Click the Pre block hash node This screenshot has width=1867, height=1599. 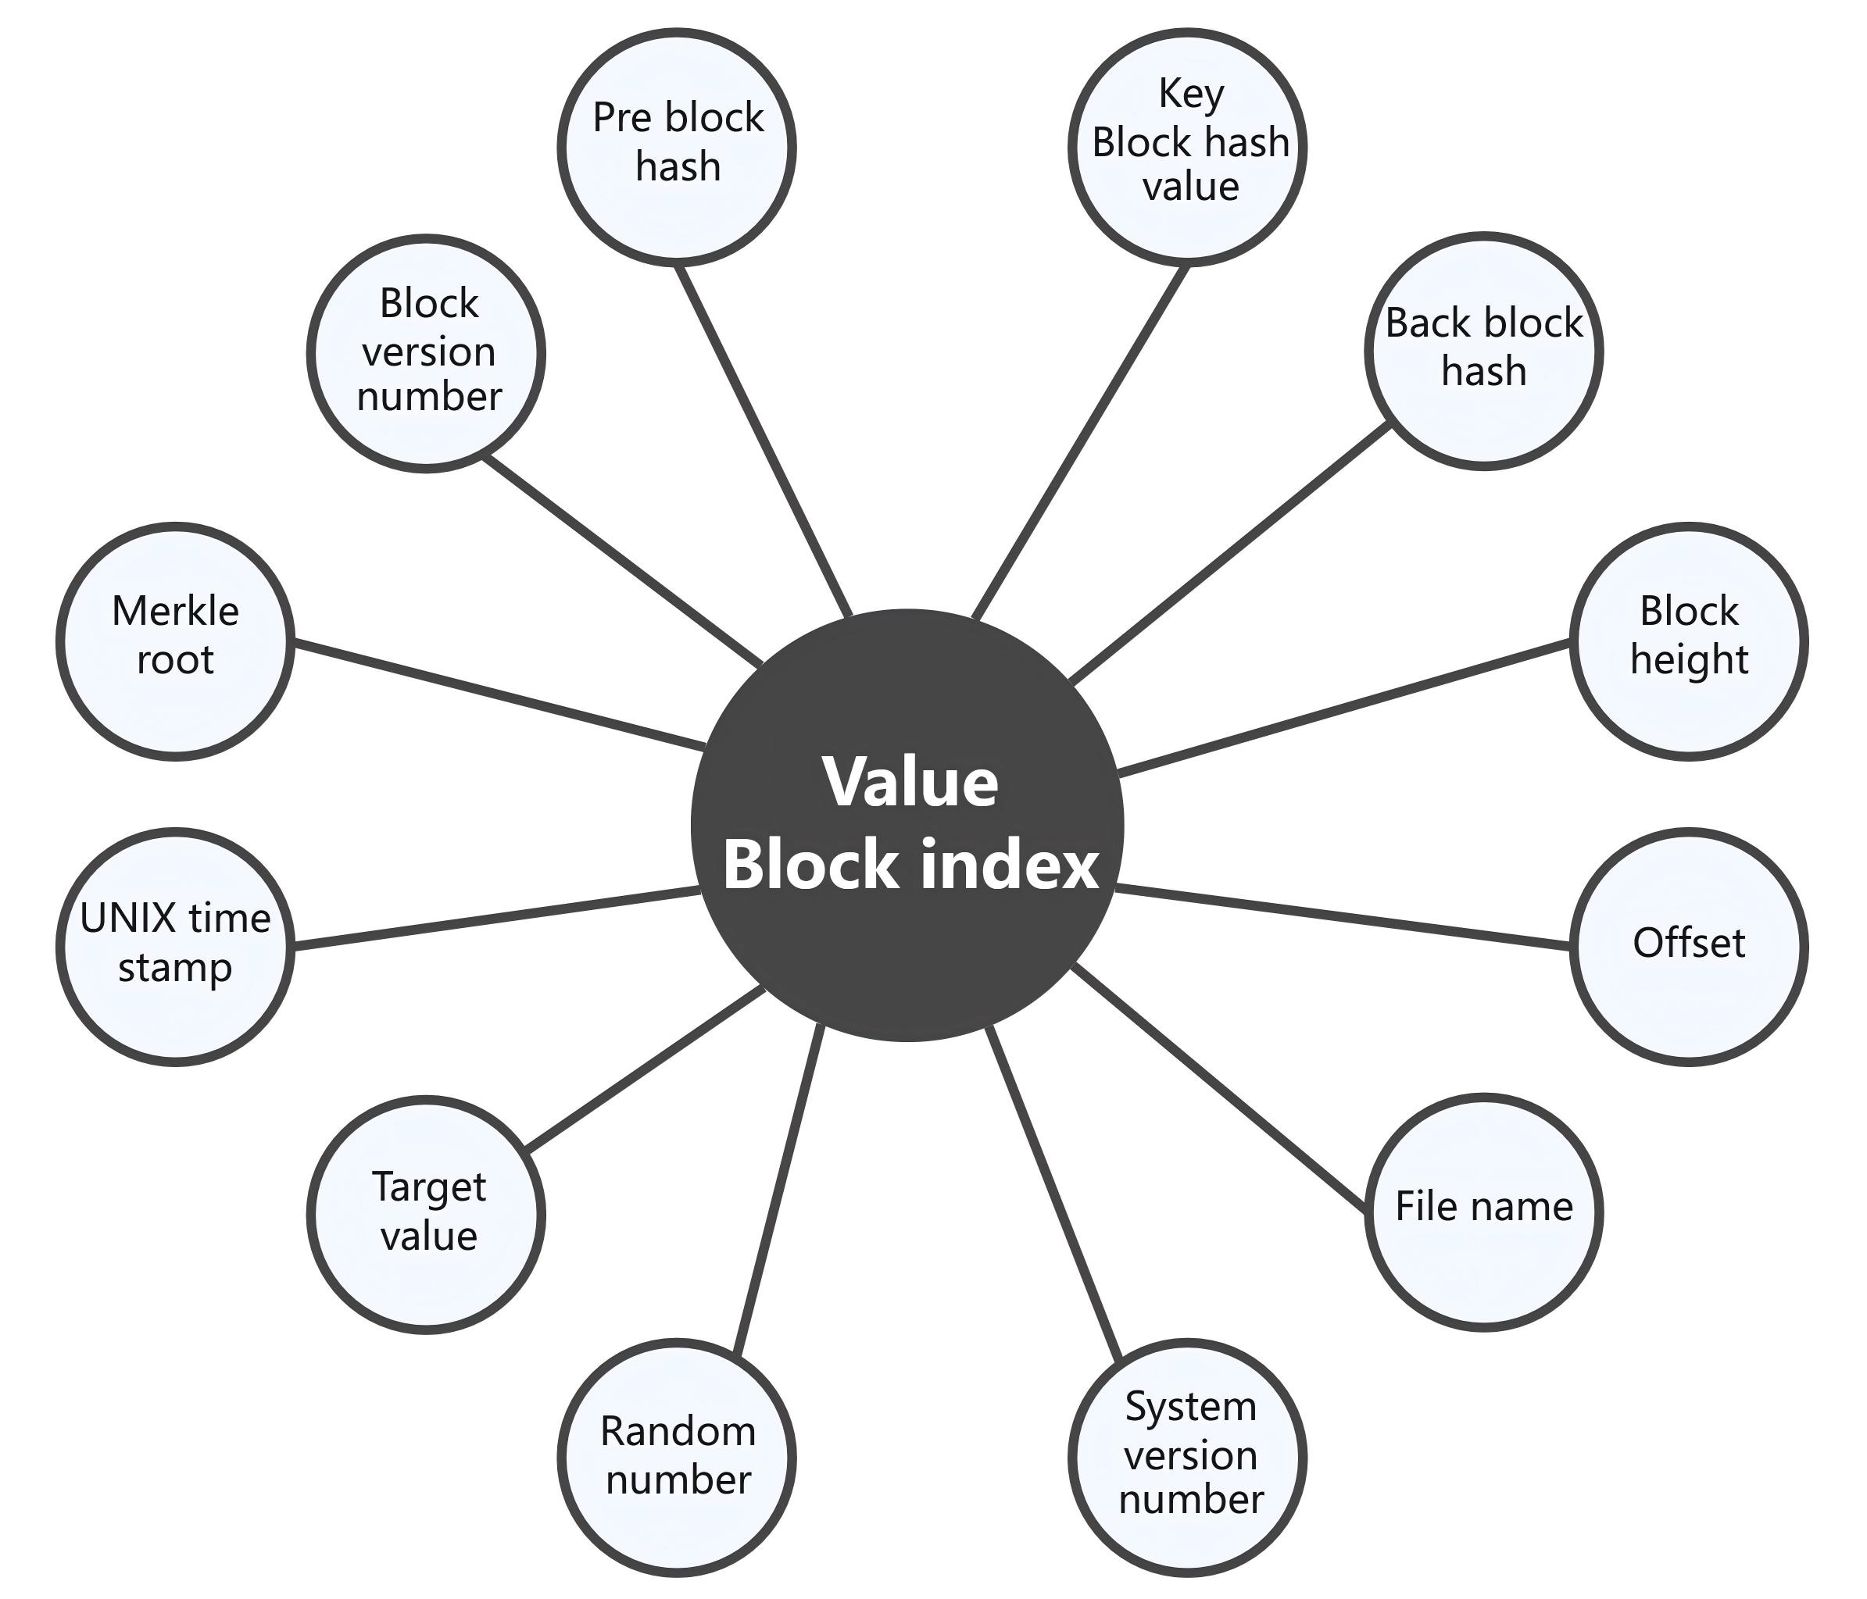[677, 147]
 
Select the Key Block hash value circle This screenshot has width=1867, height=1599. [1188, 147]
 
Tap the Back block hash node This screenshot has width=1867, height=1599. [1483, 351]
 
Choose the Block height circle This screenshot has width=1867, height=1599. [1688, 641]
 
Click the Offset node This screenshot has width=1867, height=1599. [1688, 946]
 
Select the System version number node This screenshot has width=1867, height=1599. [1188, 1457]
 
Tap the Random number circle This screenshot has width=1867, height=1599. [677, 1457]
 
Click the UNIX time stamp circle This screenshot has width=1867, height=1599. [176, 946]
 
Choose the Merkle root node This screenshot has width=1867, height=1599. [176, 641]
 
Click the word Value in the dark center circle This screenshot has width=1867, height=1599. [910, 782]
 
